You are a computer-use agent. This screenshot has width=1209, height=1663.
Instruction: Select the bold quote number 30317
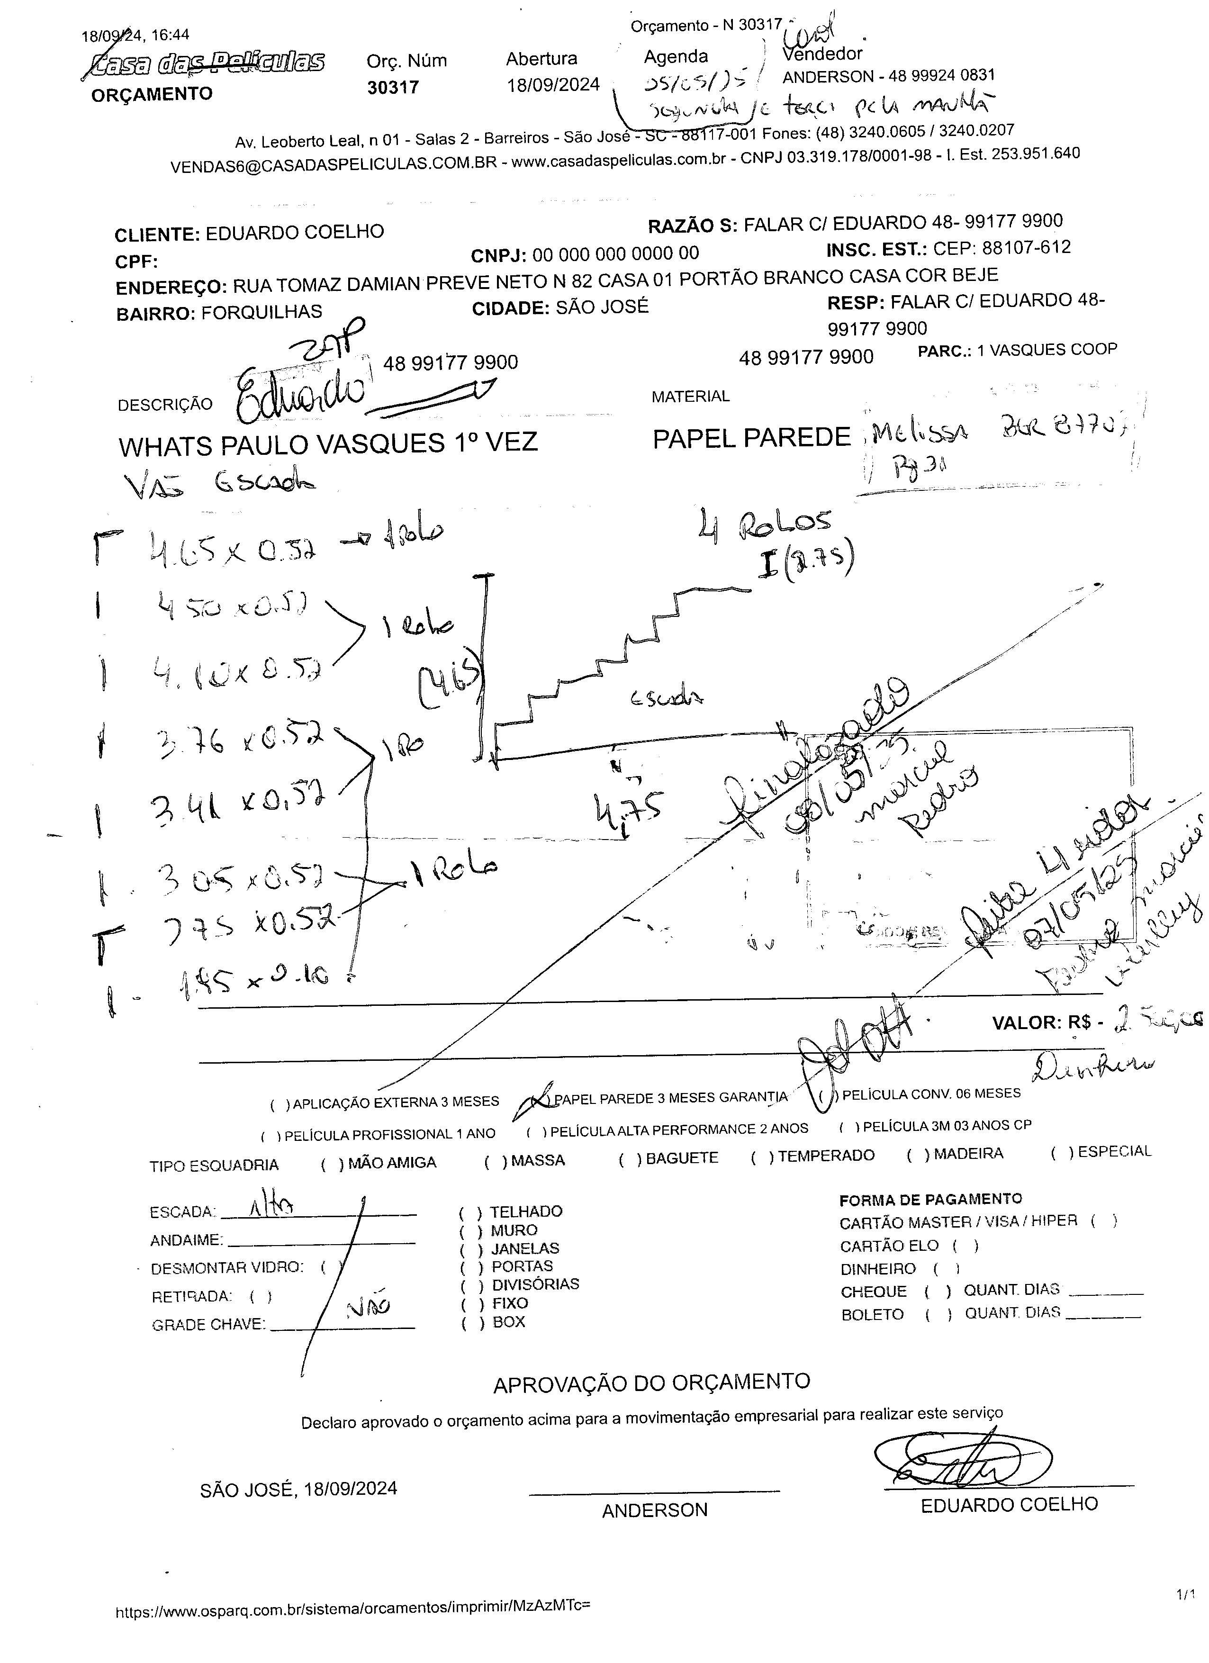(x=393, y=87)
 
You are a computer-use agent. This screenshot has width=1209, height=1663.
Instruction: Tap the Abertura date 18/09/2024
(x=553, y=85)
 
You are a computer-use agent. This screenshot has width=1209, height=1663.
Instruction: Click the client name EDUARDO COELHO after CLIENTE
(x=294, y=233)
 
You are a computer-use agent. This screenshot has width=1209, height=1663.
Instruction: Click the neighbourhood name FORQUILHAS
(x=262, y=312)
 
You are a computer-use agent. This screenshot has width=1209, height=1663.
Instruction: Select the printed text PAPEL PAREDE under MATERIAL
(x=751, y=438)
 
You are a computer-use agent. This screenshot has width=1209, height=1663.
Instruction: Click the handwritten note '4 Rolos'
(x=765, y=524)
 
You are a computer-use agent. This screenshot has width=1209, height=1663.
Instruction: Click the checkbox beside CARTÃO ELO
(x=965, y=1245)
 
